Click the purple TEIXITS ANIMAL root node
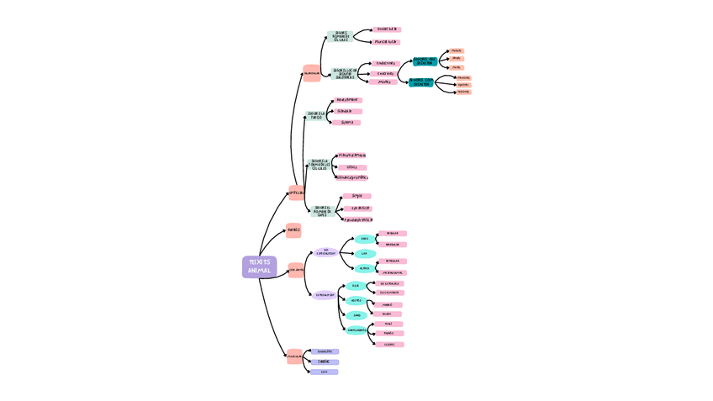pyautogui.click(x=259, y=266)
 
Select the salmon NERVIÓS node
pyautogui.click(x=293, y=230)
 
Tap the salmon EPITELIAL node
pyautogui.click(x=297, y=193)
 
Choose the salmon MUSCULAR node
pyautogui.click(x=294, y=356)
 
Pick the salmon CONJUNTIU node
pyautogui.click(x=296, y=270)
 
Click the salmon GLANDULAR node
pyautogui.click(x=312, y=73)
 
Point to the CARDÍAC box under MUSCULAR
pyautogui.click(x=324, y=361)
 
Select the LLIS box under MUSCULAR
pyautogui.click(x=324, y=372)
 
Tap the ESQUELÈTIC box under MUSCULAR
pyautogui.click(x=325, y=351)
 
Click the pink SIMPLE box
pyautogui.click(x=356, y=196)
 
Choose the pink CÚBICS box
pyautogui.click(x=351, y=167)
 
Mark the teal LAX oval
pyautogui.click(x=364, y=253)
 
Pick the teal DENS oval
pyautogui.click(x=364, y=239)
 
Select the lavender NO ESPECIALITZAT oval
pyautogui.click(x=326, y=252)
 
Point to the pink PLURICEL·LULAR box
pyautogui.click(x=386, y=42)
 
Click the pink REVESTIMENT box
pyautogui.click(x=347, y=100)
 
